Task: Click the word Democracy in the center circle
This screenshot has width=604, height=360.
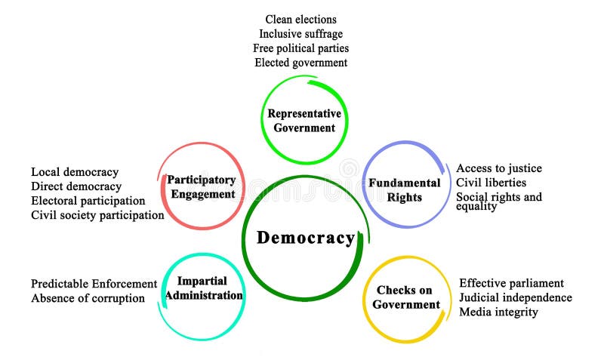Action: [x=305, y=238]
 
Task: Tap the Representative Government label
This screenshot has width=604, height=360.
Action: [x=304, y=121]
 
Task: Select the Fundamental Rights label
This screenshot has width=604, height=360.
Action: [x=404, y=190]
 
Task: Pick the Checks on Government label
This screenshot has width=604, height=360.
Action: [x=406, y=297]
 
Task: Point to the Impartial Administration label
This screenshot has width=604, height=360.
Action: [x=204, y=288]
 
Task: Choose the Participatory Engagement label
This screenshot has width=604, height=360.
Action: [x=202, y=187]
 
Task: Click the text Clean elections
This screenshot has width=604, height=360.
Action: [x=300, y=19]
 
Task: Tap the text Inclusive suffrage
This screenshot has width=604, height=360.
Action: [x=300, y=34]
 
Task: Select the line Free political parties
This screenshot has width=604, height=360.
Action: [x=300, y=48]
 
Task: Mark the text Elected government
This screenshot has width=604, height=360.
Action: [x=300, y=63]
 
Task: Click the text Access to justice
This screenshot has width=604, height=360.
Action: [x=498, y=168]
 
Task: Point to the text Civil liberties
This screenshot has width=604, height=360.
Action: [x=491, y=183]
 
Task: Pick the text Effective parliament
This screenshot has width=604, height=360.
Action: [x=511, y=283]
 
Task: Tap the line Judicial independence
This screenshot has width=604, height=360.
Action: [x=515, y=297]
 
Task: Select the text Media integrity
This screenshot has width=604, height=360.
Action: [x=498, y=312]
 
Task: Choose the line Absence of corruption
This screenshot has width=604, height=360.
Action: [x=88, y=298]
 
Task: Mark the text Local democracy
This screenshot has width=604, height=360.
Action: [x=75, y=172]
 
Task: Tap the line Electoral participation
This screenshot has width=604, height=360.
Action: [x=88, y=201]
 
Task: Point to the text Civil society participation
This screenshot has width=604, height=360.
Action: [x=97, y=215]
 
